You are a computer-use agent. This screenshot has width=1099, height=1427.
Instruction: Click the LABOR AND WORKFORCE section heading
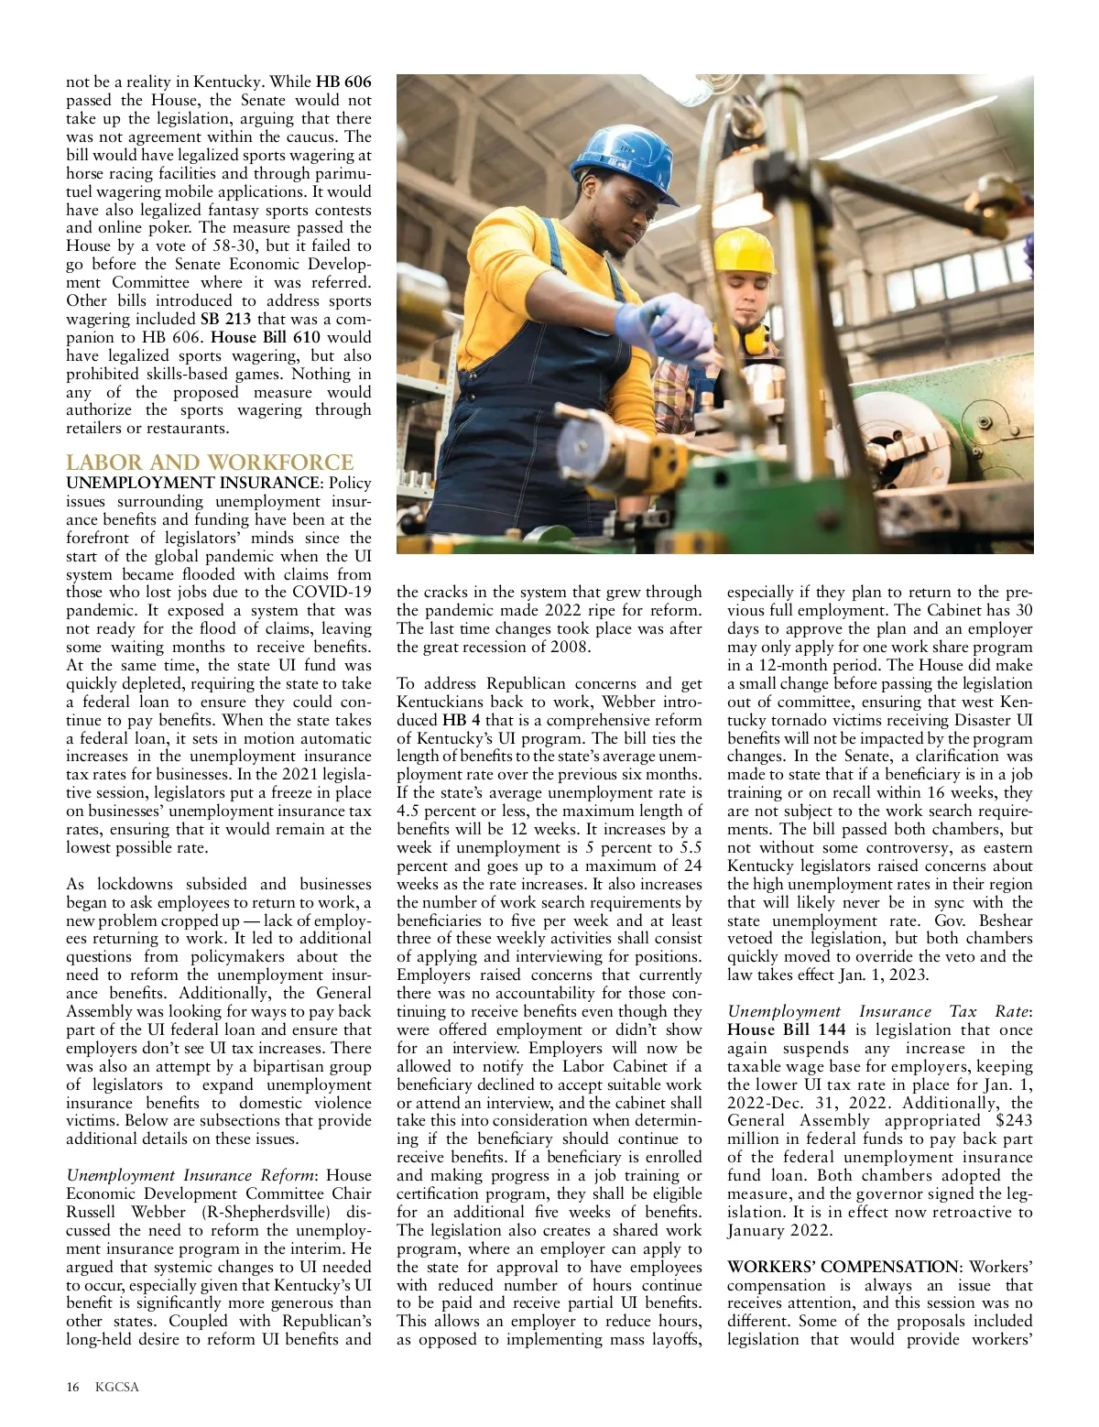click(x=210, y=463)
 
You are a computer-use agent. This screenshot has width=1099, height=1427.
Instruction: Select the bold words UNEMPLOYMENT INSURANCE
click(x=190, y=483)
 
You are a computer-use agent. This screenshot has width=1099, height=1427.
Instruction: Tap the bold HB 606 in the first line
click(x=343, y=82)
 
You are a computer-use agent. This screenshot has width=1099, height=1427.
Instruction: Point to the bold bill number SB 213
click(x=225, y=319)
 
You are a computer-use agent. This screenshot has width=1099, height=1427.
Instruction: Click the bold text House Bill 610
click(x=266, y=337)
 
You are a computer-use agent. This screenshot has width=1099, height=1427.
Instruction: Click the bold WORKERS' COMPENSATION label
click(x=843, y=1267)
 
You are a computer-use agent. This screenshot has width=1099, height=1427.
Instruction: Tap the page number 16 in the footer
click(x=73, y=1387)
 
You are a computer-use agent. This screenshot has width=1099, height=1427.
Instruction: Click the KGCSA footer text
click(x=117, y=1387)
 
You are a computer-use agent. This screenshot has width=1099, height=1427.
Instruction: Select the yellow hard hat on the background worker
click(x=744, y=250)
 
